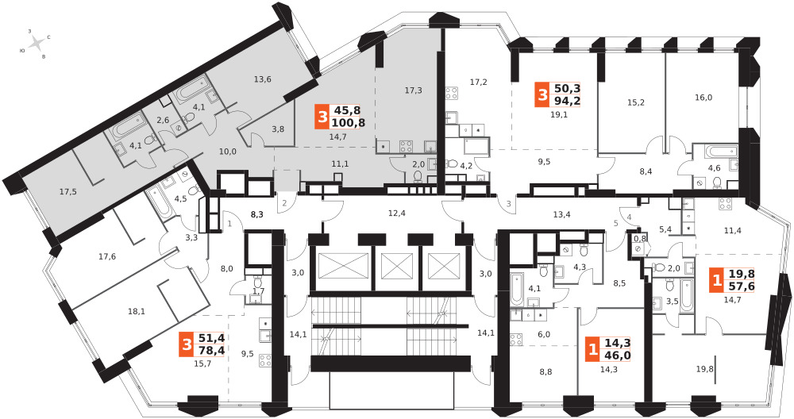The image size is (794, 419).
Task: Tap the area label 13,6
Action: tap(262, 79)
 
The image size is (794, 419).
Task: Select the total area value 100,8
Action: tap(348, 122)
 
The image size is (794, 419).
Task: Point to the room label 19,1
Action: tap(559, 114)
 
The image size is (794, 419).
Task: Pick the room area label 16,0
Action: tap(703, 98)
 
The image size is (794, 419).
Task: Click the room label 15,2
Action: tap(635, 102)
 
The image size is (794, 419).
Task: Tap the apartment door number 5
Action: tap(616, 223)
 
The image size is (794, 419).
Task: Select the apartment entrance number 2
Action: tap(284, 203)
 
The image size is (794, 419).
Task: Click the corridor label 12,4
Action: tap(396, 213)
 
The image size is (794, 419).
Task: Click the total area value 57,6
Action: tap(742, 287)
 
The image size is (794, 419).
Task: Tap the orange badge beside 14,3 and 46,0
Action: tap(592, 350)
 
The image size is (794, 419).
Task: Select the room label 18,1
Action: tap(137, 312)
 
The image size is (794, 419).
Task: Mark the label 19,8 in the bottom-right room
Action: tap(719, 369)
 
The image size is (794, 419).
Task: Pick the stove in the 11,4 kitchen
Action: tap(725, 203)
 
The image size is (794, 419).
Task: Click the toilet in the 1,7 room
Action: tap(257, 282)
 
